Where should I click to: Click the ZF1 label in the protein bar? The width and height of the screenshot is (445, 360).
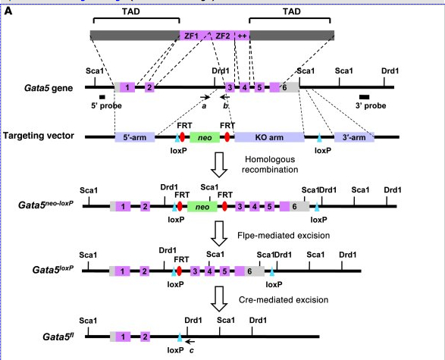pos(191,36)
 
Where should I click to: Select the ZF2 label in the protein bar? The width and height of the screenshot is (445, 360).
pos(223,36)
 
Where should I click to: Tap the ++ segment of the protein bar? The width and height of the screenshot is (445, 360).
pos(243,36)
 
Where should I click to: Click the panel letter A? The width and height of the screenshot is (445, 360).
pos(8,11)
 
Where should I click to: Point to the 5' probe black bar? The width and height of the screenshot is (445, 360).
pos(102,97)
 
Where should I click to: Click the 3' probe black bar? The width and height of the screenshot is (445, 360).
pos(364,97)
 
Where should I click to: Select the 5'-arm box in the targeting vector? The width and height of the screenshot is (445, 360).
pos(135,137)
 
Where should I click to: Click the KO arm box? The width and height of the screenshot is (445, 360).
pos(269,137)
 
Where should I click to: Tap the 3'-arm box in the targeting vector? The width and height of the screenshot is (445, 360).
pos(354,137)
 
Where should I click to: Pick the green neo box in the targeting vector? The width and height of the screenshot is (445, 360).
pos(205,137)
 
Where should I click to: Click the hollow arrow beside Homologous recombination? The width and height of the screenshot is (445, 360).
pos(219,164)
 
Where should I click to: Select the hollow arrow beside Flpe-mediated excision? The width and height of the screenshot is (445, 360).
pos(219,233)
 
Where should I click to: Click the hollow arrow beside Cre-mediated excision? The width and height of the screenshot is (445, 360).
pos(219,299)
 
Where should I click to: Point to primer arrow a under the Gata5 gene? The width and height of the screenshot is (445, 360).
pos(205,97)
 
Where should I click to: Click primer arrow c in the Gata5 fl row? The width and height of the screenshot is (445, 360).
pos(190,342)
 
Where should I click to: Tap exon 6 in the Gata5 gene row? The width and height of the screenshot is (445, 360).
pos(284,87)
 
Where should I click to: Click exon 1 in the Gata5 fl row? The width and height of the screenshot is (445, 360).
pos(123,337)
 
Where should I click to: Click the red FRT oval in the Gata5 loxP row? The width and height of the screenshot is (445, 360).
pos(179,271)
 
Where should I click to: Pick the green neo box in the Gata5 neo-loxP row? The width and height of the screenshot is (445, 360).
pos(202,206)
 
